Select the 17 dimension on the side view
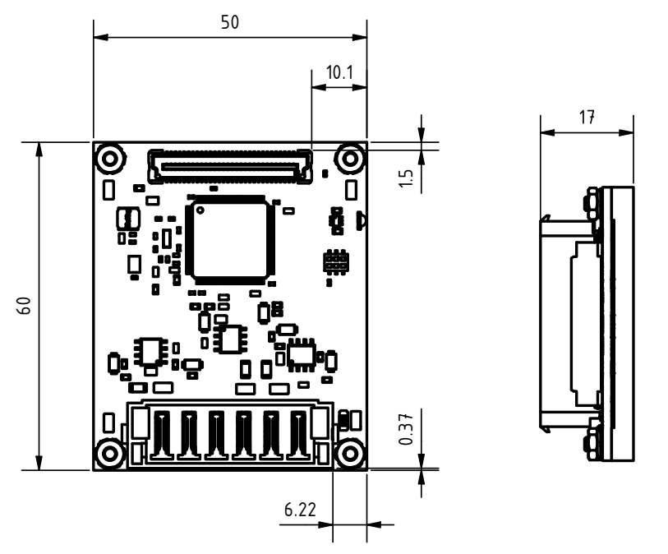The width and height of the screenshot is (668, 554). pos(586,117)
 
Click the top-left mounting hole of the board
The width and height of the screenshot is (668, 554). pos(110,156)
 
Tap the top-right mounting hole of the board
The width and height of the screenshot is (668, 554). pos(351,156)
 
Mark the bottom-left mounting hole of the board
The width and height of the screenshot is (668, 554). pos(110,453)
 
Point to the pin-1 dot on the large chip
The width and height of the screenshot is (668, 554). pos(199,210)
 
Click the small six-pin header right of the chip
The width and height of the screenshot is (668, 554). pos(334,262)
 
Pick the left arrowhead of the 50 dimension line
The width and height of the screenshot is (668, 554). pos(97,37)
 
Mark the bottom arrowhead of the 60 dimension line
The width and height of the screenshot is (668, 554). pos(39,466)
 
